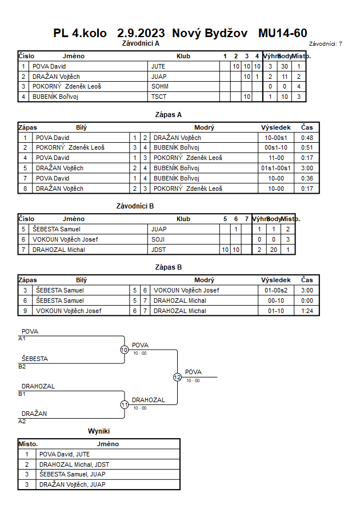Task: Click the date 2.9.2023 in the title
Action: coord(141,33)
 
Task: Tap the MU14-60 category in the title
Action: coord(283,33)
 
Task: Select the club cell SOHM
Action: coord(159,86)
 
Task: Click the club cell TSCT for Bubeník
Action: coord(159,97)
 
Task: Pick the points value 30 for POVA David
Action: coord(285,66)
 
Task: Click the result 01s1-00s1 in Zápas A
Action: coord(276,168)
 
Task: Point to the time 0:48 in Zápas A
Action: coord(307,138)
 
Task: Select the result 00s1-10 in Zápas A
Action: coord(276,148)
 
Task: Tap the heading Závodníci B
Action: coord(135,206)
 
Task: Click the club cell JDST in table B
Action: coord(158,250)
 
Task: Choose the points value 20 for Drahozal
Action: coord(274,250)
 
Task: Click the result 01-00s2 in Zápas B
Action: coord(276,290)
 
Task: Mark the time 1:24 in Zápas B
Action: coord(307,311)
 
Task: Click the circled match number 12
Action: coord(177,377)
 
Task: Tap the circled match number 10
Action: coord(125,350)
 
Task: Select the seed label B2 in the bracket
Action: coord(22,367)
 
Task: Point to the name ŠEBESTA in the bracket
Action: coord(35,359)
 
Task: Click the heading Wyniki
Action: coord(99,431)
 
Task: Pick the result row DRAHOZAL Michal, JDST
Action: coord(74,464)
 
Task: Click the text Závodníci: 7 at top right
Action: coord(326,44)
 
